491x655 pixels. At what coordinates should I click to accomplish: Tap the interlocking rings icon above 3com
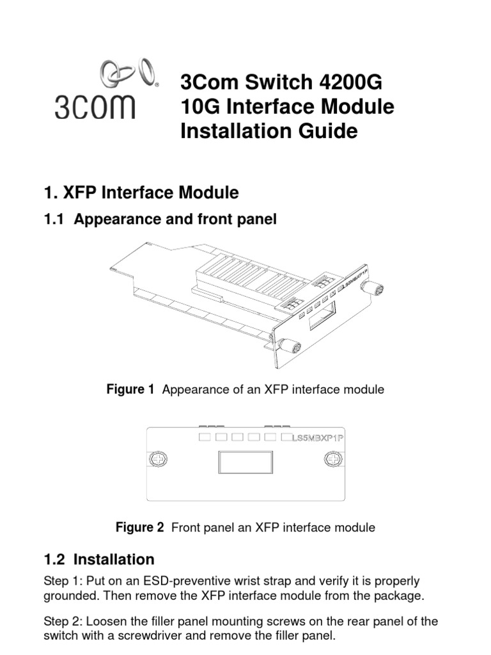click(128, 72)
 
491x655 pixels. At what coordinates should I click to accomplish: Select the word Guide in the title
click(324, 131)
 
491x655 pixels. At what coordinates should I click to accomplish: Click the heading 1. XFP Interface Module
click(141, 192)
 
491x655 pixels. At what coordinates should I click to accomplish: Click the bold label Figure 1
click(130, 389)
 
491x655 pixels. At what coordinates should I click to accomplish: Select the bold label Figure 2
click(139, 528)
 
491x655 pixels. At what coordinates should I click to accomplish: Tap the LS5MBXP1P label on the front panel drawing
click(323, 438)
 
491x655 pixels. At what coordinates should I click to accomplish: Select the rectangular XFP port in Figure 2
click(245, 462)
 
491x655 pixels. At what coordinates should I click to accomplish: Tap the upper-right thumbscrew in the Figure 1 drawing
click(370, 288)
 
